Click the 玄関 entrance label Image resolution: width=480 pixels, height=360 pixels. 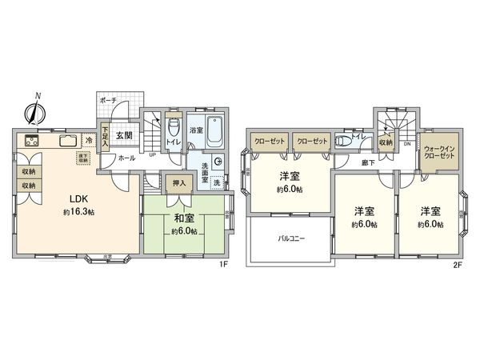123,137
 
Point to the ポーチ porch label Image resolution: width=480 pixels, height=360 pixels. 109,100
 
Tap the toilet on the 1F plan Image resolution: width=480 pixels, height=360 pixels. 173,128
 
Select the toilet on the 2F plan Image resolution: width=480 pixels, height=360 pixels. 344,141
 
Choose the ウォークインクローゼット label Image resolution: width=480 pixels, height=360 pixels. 439,151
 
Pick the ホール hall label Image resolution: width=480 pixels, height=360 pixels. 126,158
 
